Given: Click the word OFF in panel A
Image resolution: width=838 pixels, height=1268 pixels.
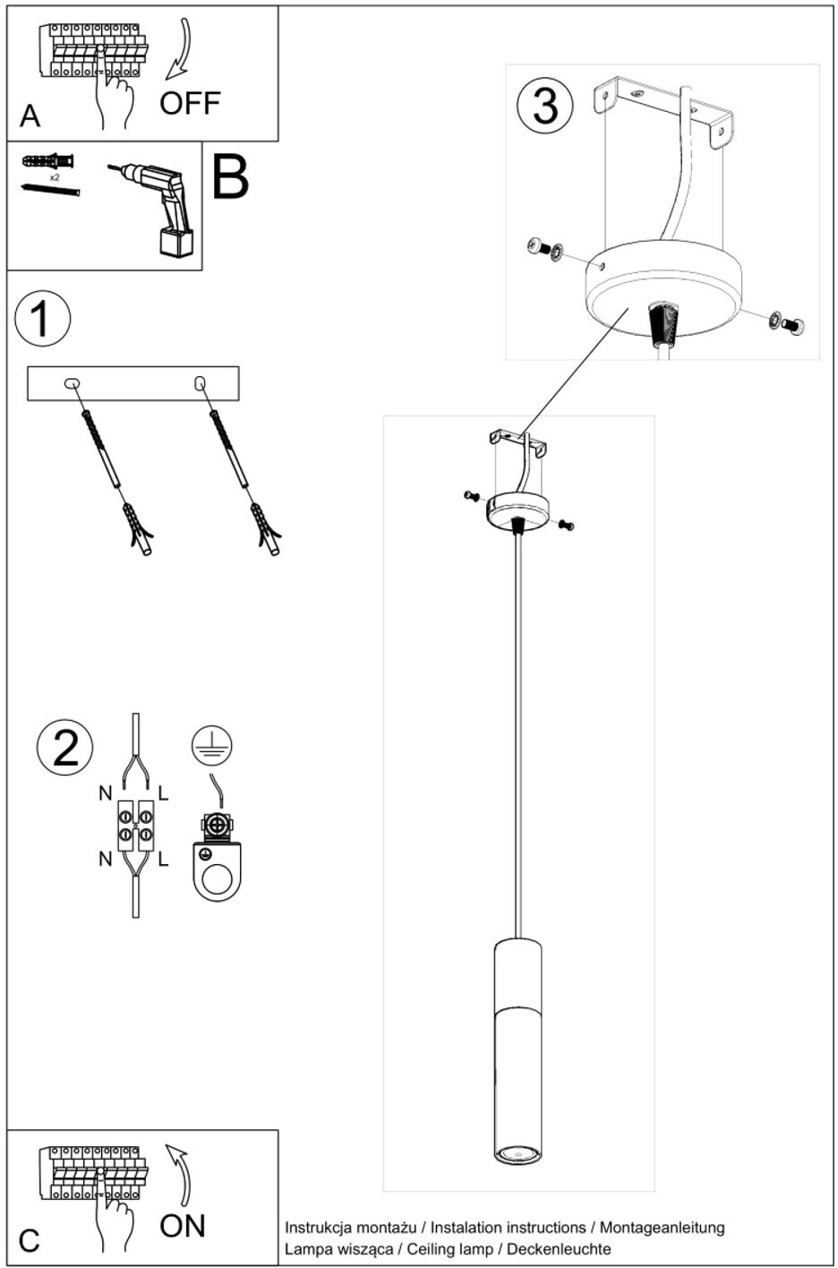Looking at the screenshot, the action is click(x=190, y=103).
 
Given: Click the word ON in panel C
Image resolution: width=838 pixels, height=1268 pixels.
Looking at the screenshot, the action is click(x=182, y=1226).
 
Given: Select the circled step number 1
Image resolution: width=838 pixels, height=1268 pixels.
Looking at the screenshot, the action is click(x=42, y=318).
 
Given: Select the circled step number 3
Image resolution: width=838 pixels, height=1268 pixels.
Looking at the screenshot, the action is click(x=545, y=106).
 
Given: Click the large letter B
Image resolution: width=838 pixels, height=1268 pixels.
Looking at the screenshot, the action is click(x=230, y=176).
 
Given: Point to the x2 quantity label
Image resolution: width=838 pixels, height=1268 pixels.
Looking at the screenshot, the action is click(x=55, y=177).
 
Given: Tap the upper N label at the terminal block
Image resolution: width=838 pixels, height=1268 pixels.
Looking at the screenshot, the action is click(x=106, y=793).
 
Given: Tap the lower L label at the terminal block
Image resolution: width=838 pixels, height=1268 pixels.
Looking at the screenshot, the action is click(x=163, y=860).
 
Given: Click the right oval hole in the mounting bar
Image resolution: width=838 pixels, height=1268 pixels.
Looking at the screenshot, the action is click(x=200, y=383).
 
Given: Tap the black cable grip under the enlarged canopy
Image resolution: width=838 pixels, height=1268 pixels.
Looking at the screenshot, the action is click(x=663, y=324).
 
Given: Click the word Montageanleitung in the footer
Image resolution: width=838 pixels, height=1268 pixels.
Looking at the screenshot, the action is click(x=662, y=1227).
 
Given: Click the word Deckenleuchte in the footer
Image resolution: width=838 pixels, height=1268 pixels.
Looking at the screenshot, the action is click(x=559, y=1248).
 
